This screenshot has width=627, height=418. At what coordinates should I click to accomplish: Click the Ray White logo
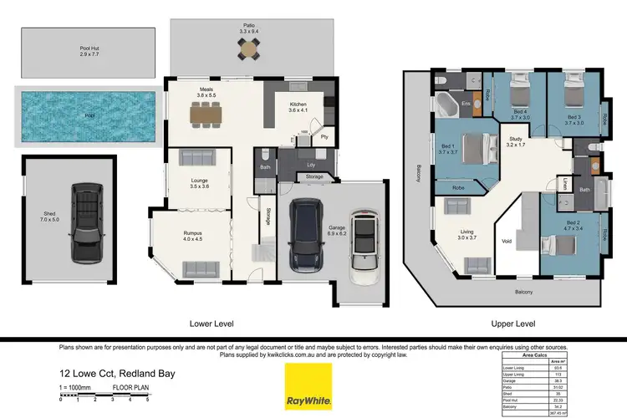point(308,386)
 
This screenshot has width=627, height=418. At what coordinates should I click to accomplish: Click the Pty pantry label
point(324,135)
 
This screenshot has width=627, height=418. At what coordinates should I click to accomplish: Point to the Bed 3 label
point(573,119)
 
